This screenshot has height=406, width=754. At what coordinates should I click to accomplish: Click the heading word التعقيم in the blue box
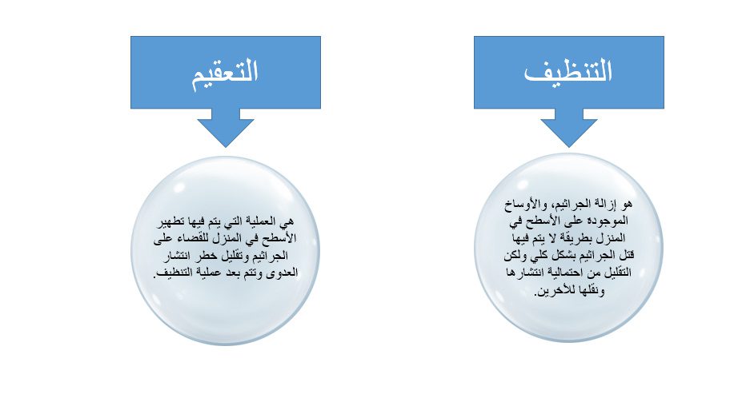coord(225,74)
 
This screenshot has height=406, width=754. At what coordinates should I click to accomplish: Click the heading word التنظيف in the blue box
coord(568,71)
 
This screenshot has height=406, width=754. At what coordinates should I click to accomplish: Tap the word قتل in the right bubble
coord(625,255)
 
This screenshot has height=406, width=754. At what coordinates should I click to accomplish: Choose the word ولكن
coord(515,255)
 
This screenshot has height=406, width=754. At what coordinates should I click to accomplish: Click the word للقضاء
coord(202,238)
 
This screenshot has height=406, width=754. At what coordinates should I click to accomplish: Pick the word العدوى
coord(283,273)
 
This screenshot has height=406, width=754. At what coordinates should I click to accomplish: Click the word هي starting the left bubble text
coord(287,222)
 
